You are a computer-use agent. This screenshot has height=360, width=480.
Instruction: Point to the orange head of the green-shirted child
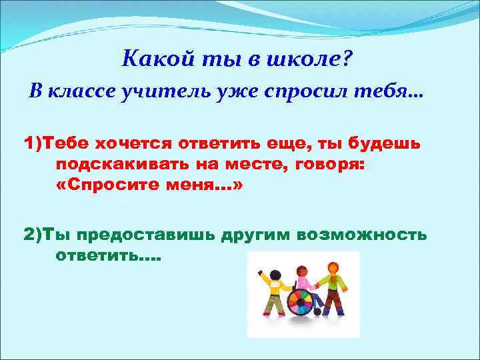click(333, 267)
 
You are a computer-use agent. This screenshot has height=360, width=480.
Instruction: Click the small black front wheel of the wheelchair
click(317, 311)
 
